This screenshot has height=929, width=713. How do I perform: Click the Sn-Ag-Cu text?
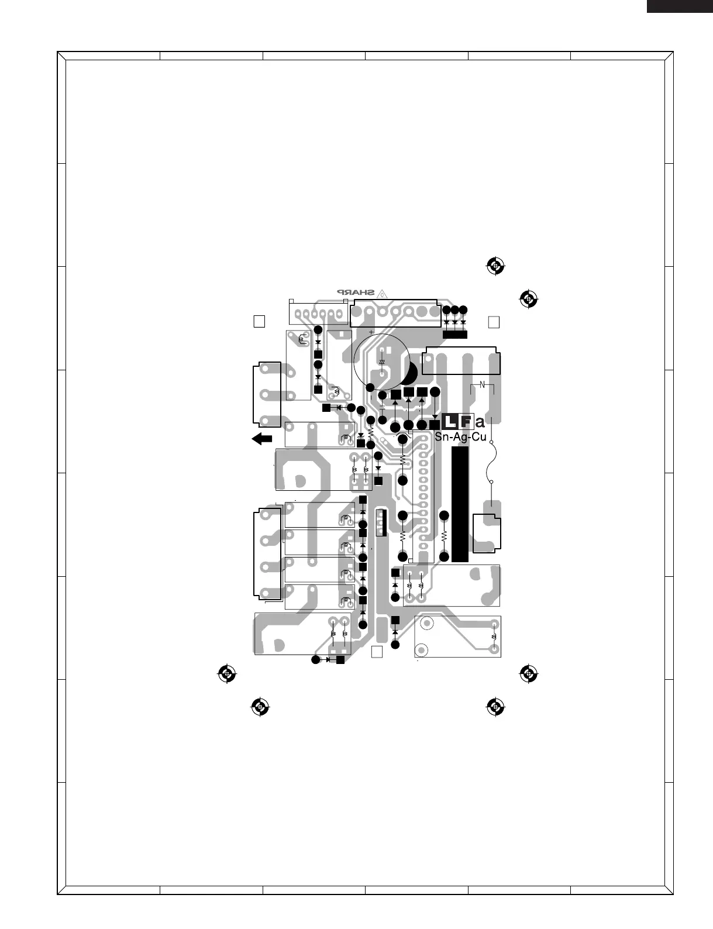460,437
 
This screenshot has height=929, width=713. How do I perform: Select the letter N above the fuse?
483,384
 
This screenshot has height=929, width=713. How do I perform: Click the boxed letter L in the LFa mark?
450,421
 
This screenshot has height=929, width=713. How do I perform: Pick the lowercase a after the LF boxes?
480,422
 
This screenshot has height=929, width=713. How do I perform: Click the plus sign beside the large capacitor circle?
371,331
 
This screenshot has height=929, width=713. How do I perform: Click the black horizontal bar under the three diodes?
455,334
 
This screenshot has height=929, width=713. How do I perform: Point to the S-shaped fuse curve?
491,462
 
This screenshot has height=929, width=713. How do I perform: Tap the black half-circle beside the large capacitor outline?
411,373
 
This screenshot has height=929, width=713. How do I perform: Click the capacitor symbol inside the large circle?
382,363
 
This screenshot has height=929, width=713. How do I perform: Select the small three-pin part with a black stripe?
381,522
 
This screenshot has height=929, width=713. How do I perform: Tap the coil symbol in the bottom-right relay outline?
495,636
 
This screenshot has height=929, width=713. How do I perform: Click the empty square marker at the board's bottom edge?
377,652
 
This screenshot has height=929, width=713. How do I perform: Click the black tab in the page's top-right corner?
679,6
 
